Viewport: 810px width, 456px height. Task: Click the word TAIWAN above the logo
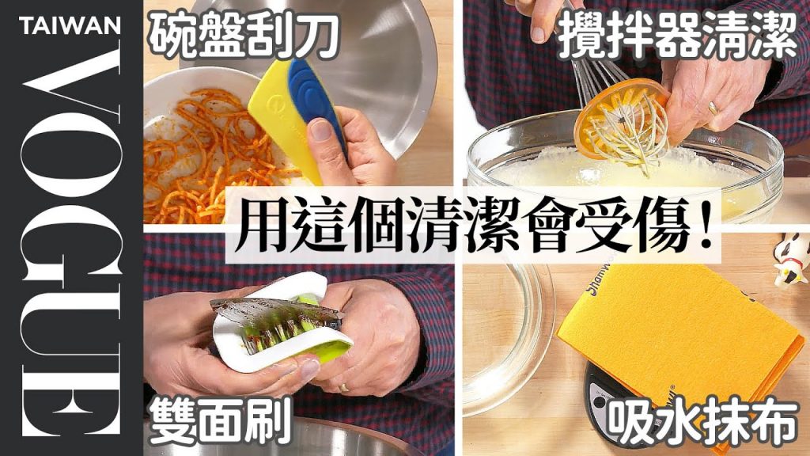point(70,26)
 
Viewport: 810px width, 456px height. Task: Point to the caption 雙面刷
point(220,422)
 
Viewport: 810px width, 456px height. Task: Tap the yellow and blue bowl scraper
point(294,116)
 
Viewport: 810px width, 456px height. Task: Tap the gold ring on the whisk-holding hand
point(713,108)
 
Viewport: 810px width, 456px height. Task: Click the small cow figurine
point(791,259)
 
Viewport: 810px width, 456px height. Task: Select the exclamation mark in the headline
point(703,227)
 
